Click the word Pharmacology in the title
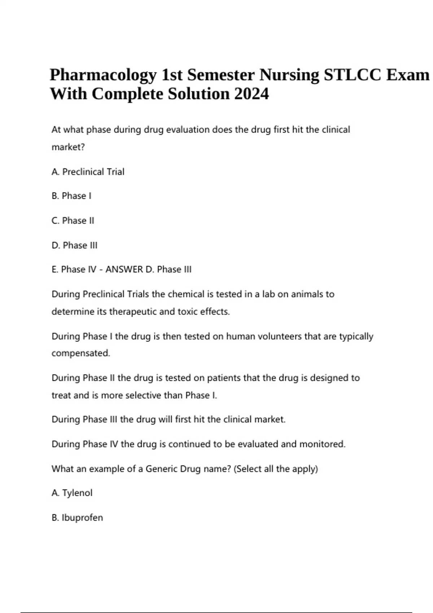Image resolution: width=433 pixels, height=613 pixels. click(103, 75)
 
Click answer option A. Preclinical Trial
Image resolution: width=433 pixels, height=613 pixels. click(88, 172)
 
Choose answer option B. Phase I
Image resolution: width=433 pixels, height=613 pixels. click(71, 196)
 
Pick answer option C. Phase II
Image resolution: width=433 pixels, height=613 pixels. click(73, 220)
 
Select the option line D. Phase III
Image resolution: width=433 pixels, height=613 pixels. click(75, 245)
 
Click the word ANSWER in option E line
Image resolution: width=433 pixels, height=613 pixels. click(124, 269)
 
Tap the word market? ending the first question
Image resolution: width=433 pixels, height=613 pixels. click(68, 147)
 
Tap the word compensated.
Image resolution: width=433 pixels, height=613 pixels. click(81, 353)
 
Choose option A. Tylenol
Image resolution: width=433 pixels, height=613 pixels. click(72, 493)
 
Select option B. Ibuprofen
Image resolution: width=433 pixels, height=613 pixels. click(78, 518)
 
